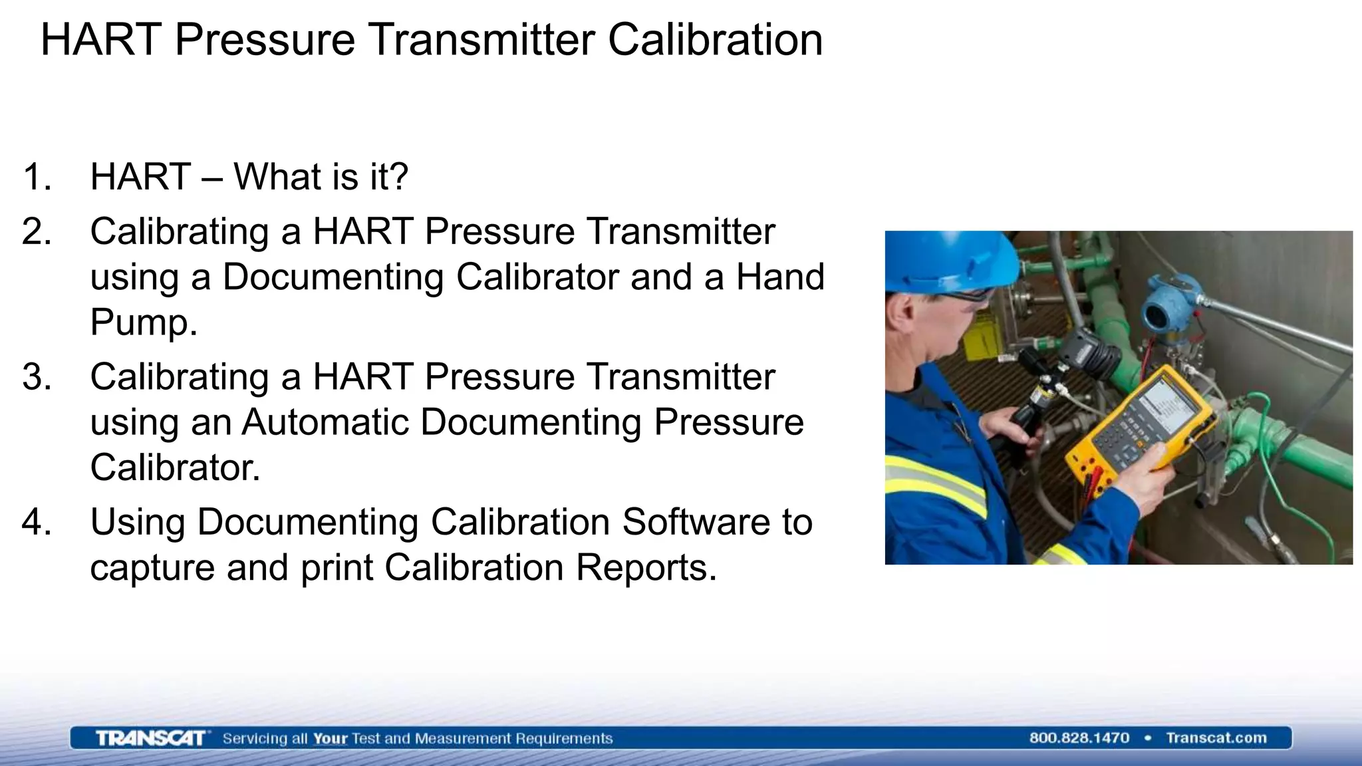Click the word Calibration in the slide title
tap(715, 40)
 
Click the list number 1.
tap(37, 177)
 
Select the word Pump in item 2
tap(143, 322)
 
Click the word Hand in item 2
tap(779, 277)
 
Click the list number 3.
tap(37, 377)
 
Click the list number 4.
tap(37, 522)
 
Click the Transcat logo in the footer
tap(150, 738)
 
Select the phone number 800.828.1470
tap(1079, 738)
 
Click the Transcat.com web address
tap(1216, 738)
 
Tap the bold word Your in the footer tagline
tap(331, 739)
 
